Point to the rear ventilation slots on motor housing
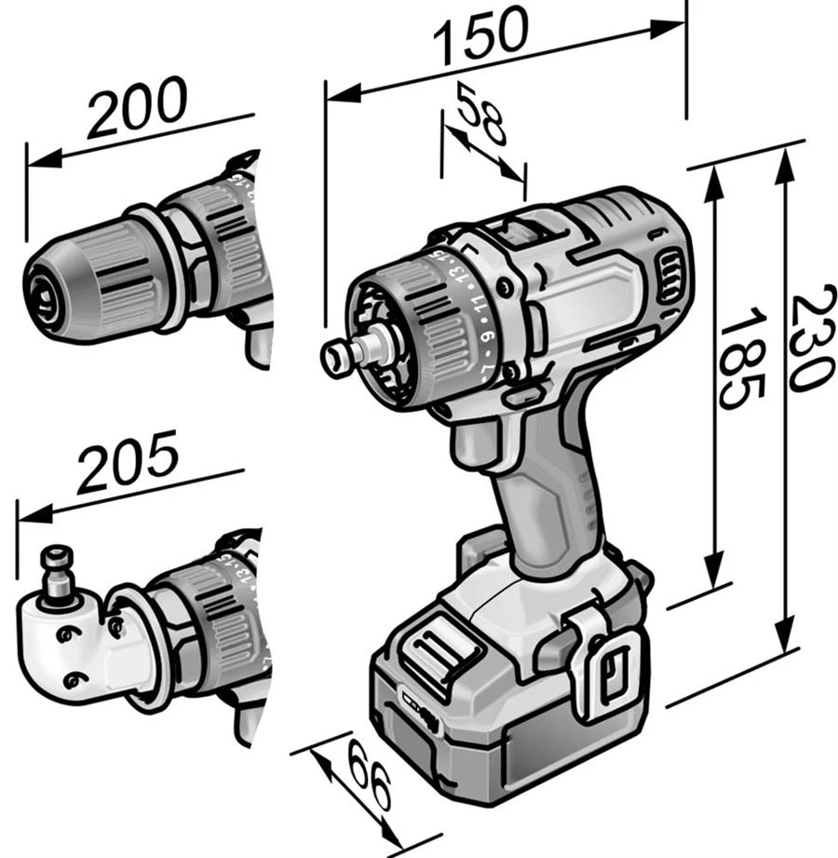click(x=668, y=278)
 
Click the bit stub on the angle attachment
click(x=57, y=564)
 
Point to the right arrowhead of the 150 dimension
click(x=676, y=27)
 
